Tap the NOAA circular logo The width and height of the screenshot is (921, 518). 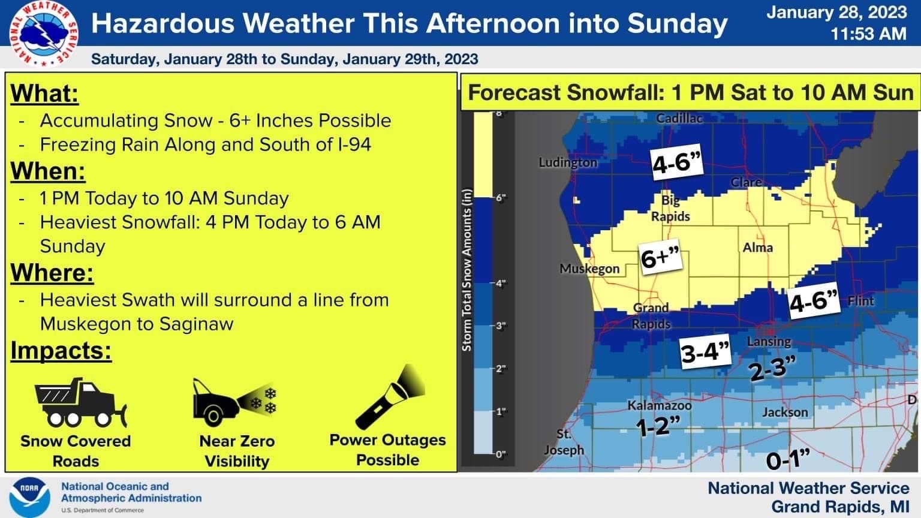(29, 498)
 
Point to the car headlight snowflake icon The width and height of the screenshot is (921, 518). (234, 400)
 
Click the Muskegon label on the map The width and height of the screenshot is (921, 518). (589, 269)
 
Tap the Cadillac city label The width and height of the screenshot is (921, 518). (679, 118)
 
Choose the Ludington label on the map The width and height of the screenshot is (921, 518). (568, 162)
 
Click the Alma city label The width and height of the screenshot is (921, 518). (757, 247)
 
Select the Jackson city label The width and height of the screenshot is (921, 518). (785, 412)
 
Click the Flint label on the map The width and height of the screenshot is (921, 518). (860, 300)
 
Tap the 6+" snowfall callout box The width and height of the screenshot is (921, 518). (662, 258)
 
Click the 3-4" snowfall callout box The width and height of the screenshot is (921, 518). (706, 352)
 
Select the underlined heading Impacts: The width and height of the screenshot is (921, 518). (61, 351)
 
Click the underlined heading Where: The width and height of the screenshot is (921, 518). (53, 273)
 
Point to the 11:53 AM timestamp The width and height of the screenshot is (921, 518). (868, 34)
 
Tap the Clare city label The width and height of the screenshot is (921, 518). (746, 182)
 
